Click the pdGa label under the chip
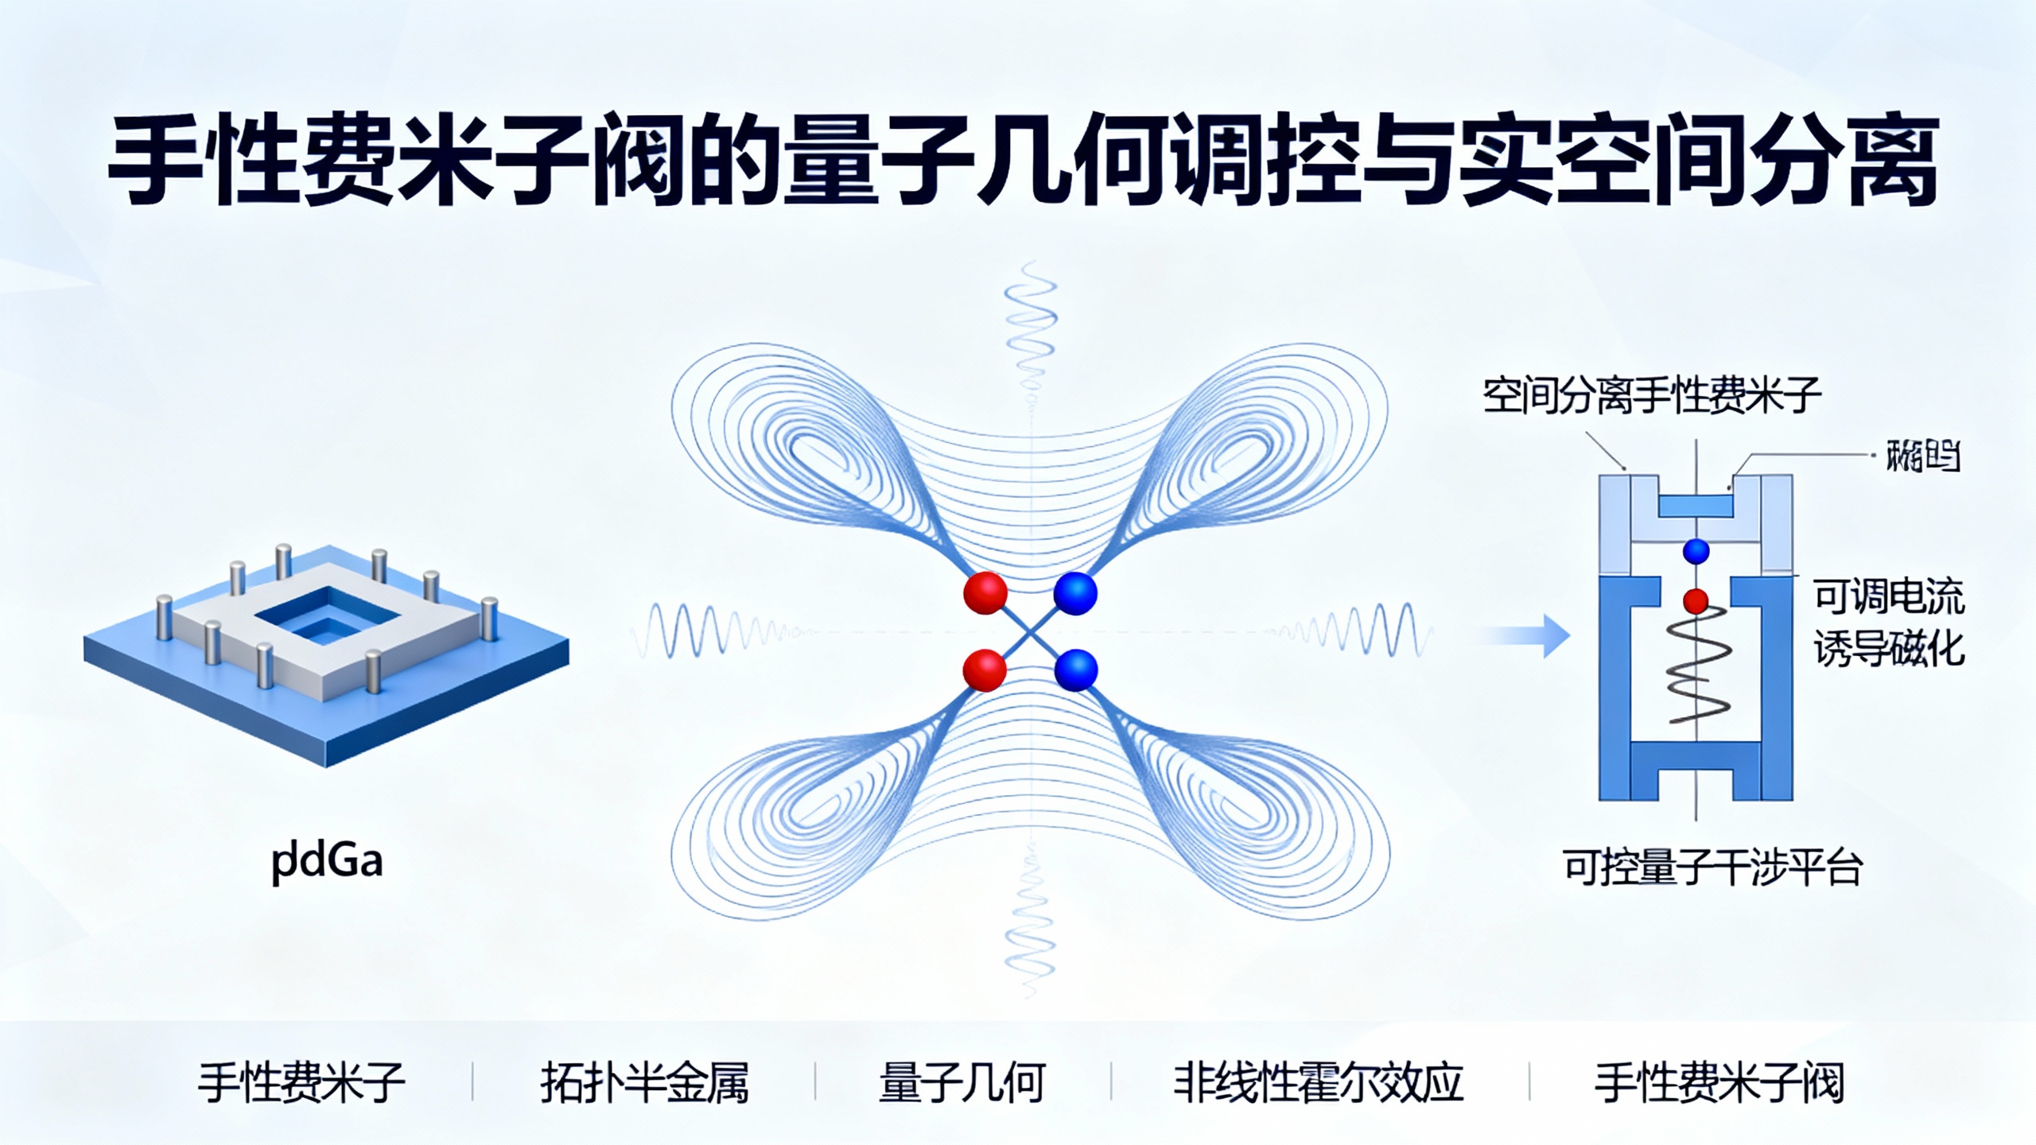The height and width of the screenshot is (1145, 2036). [x=327, y=861]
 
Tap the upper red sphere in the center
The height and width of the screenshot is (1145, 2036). [x=985, y=592]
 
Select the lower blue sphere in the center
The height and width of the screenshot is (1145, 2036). [x=1075, y=670]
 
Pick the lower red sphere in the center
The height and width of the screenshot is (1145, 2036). [x=985, y=670]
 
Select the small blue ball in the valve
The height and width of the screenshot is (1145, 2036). [x=1696, y=550]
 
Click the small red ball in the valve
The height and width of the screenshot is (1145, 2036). [x=1696, y=600]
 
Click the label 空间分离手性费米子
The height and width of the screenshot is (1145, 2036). [x=1651, y=395]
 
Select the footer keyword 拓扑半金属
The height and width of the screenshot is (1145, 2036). [x=644, y=1083]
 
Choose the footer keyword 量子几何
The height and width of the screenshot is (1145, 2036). [x=961, y=1083]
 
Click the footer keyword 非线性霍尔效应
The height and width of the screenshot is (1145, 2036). [x=1318, y=1083]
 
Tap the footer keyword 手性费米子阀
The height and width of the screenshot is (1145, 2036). [x=1719, y=1083]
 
